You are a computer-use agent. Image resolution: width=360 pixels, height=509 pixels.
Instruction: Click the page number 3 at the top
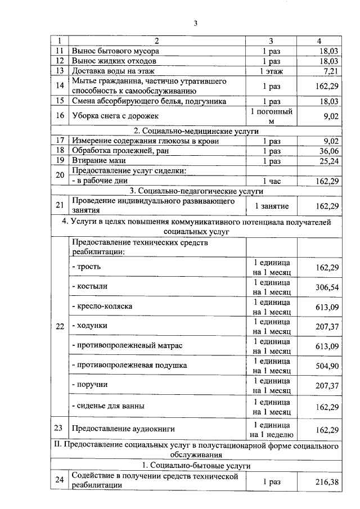tap(195, 23)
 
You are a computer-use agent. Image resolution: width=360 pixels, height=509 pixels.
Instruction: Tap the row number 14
tap(59, 86)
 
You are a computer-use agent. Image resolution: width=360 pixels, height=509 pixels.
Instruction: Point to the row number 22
tap(59, 326)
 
